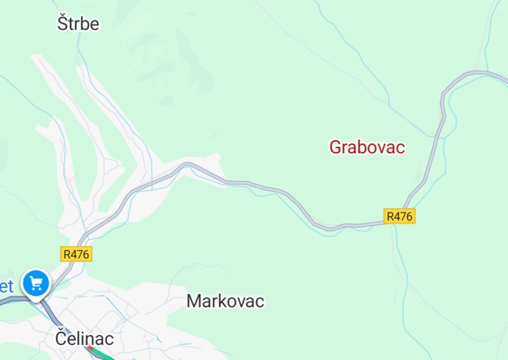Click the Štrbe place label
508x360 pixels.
coord(78,23)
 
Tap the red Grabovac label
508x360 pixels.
coord(367,147)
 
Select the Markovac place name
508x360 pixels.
coord(225,301)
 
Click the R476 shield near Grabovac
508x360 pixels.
coord(399,216)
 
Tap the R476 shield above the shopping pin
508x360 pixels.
coord(76,254)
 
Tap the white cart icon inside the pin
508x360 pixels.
coord(36,283)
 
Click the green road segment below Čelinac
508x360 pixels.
coord(103,355)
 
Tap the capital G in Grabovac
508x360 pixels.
coord(336,147)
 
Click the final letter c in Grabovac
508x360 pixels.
coord(400,147)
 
